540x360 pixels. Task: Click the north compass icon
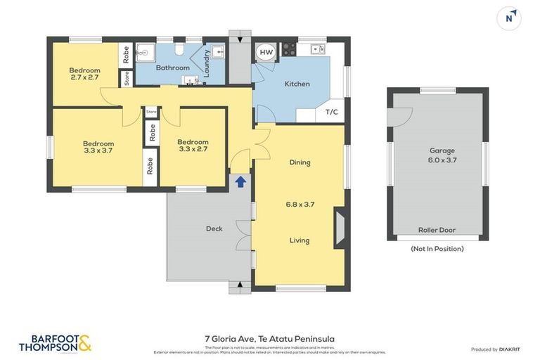point(509,18)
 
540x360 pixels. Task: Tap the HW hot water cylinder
point(266,53)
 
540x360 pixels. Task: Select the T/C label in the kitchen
point(331,112)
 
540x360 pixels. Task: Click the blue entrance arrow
point(240,181)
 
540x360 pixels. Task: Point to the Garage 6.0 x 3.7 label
point(442,155)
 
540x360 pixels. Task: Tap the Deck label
point(214,229)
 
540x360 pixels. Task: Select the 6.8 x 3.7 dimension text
point(300,205)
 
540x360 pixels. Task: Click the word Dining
point(300,162)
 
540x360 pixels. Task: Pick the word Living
point(300,240)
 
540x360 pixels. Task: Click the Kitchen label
point(297,84)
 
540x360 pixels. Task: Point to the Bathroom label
point(173,67)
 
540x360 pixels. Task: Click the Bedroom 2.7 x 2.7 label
point(84,74)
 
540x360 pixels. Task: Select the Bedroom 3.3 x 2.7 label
point(193,146)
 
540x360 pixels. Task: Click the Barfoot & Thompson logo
point(55,343)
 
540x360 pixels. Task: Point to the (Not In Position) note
point(437,248)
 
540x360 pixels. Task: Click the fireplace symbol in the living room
point(340,229)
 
